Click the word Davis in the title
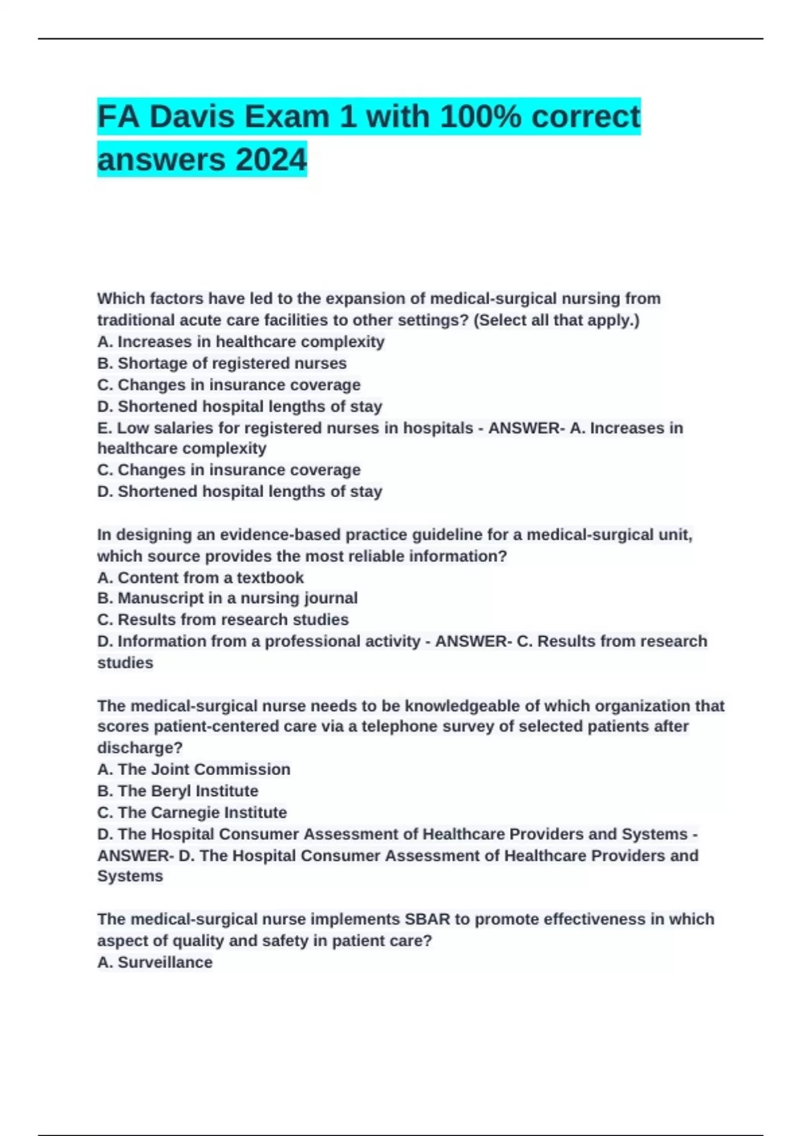point(192,117)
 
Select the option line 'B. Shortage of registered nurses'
point(222,364)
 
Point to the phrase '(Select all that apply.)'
point(556,320)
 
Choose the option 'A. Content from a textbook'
point(200,577)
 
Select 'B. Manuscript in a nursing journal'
point(227,598)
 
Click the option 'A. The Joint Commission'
point(194,769)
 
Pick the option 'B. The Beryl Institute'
point(178,791)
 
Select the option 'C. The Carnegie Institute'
point(192,812)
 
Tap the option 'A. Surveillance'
point(155,962)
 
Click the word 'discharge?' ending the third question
point(140,748)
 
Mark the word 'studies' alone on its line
point(125,663)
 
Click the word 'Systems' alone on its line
point(130,876)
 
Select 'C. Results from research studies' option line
point(223,619)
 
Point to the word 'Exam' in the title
point(297,117)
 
